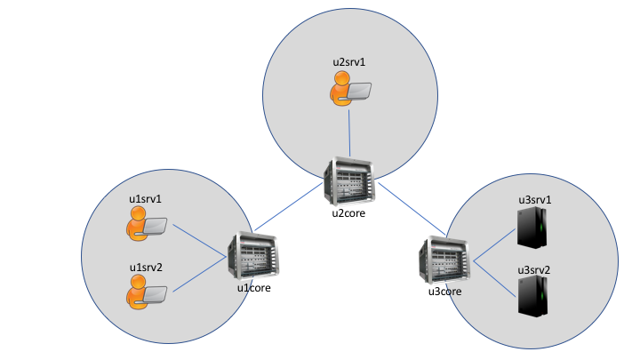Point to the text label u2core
pyautogui.click(x=349, y=213)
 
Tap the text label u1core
pyautogui.click(x=253, y=287)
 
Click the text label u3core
pyautogui.click(x=445, y=291)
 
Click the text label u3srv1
pyautogui.click(x=535, y=200)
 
